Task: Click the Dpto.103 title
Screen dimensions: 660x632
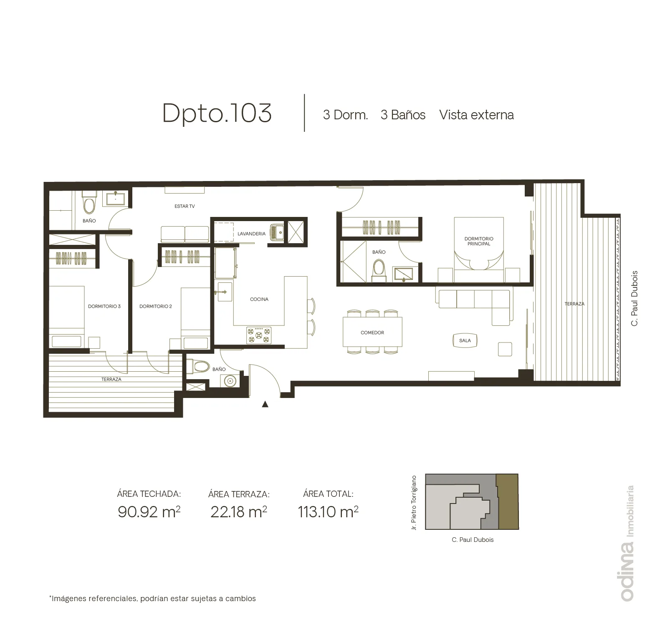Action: tap(217, 113)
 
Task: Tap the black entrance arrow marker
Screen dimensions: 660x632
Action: tap(265, 404)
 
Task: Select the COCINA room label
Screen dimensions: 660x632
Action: tap(259, 299)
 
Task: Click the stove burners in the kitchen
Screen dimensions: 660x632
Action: tap(259, 335)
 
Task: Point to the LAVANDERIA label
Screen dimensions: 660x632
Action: tap(251, 234)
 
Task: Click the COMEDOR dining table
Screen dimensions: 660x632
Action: tap(372, 332)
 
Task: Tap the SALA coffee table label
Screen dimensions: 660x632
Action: tap(465, 340)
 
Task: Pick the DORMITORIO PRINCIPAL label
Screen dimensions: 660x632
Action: tap(479, 241)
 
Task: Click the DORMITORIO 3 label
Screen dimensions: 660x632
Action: tap(104, 306)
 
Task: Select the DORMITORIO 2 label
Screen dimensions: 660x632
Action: tap(156, 306)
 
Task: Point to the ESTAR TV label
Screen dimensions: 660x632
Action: tap(185, 206)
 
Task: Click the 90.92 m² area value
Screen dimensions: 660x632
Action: tap(149, 511)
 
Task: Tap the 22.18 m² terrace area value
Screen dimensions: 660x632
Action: tap(239, 511)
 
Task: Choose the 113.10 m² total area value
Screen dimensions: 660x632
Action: tap(328, 511)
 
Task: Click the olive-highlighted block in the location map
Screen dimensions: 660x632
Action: tap(507, 501)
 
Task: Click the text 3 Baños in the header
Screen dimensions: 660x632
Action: tap(403, 115)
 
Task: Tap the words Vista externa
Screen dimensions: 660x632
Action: tap(476, 115)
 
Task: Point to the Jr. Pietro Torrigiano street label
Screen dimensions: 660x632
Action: tap(414, 503)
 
